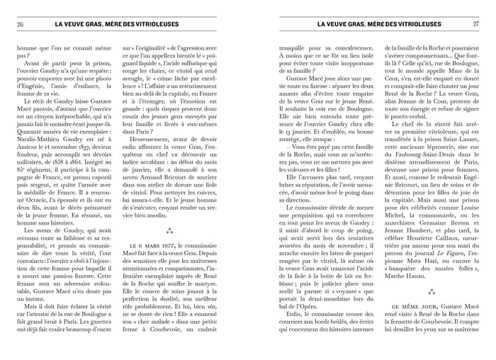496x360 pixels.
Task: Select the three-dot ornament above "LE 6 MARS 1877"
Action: [x=169, y=231]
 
